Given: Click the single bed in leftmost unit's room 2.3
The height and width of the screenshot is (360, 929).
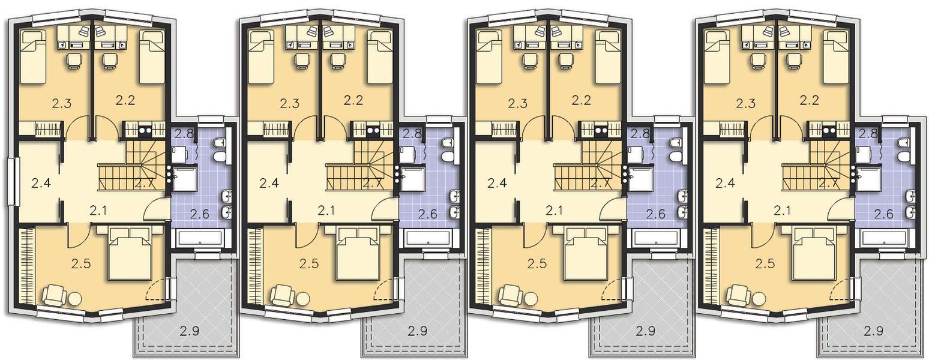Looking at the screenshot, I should (x=33, y=58).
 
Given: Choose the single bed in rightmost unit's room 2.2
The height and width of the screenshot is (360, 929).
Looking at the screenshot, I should (x=837, y=58).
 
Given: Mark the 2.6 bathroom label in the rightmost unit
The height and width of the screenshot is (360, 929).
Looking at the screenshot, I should (x=884, y=214).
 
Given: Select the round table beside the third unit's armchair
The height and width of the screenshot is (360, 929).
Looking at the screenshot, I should (x=531, y=299).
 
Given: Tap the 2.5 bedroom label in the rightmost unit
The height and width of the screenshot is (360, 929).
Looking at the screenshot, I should (x=765, y=263).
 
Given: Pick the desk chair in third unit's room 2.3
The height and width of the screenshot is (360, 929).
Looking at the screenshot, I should (x=529, y=60).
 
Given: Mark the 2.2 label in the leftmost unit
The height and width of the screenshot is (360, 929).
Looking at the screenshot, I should (x=125, y=100).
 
